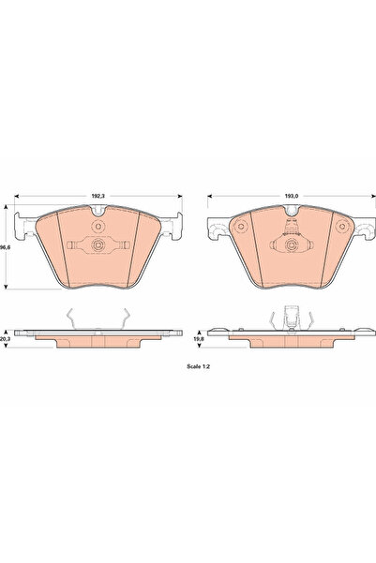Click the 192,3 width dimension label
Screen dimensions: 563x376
coord(97,194)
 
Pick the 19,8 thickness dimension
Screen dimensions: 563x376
coord(197,338)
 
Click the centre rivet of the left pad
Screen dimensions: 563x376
coord(98,246)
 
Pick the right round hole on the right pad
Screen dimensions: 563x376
coord(341,227)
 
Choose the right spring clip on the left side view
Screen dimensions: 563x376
coord(121,319)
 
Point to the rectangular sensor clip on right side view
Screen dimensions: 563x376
coord(293,318)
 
